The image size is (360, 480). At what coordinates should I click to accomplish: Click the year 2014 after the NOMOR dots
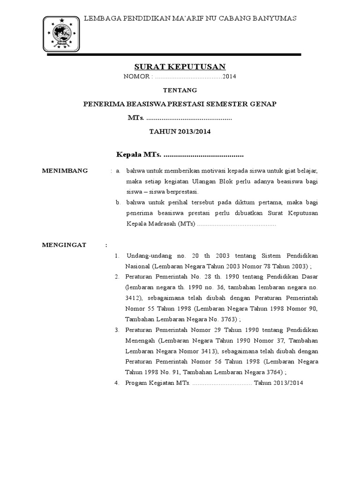[230, 76]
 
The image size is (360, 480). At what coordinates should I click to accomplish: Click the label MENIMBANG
[65, 171]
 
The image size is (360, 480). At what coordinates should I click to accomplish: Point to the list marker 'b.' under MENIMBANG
[118, 202]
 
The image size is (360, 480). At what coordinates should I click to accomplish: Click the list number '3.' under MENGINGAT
[117, 331]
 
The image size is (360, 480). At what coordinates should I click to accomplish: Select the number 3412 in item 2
[132, 298]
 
